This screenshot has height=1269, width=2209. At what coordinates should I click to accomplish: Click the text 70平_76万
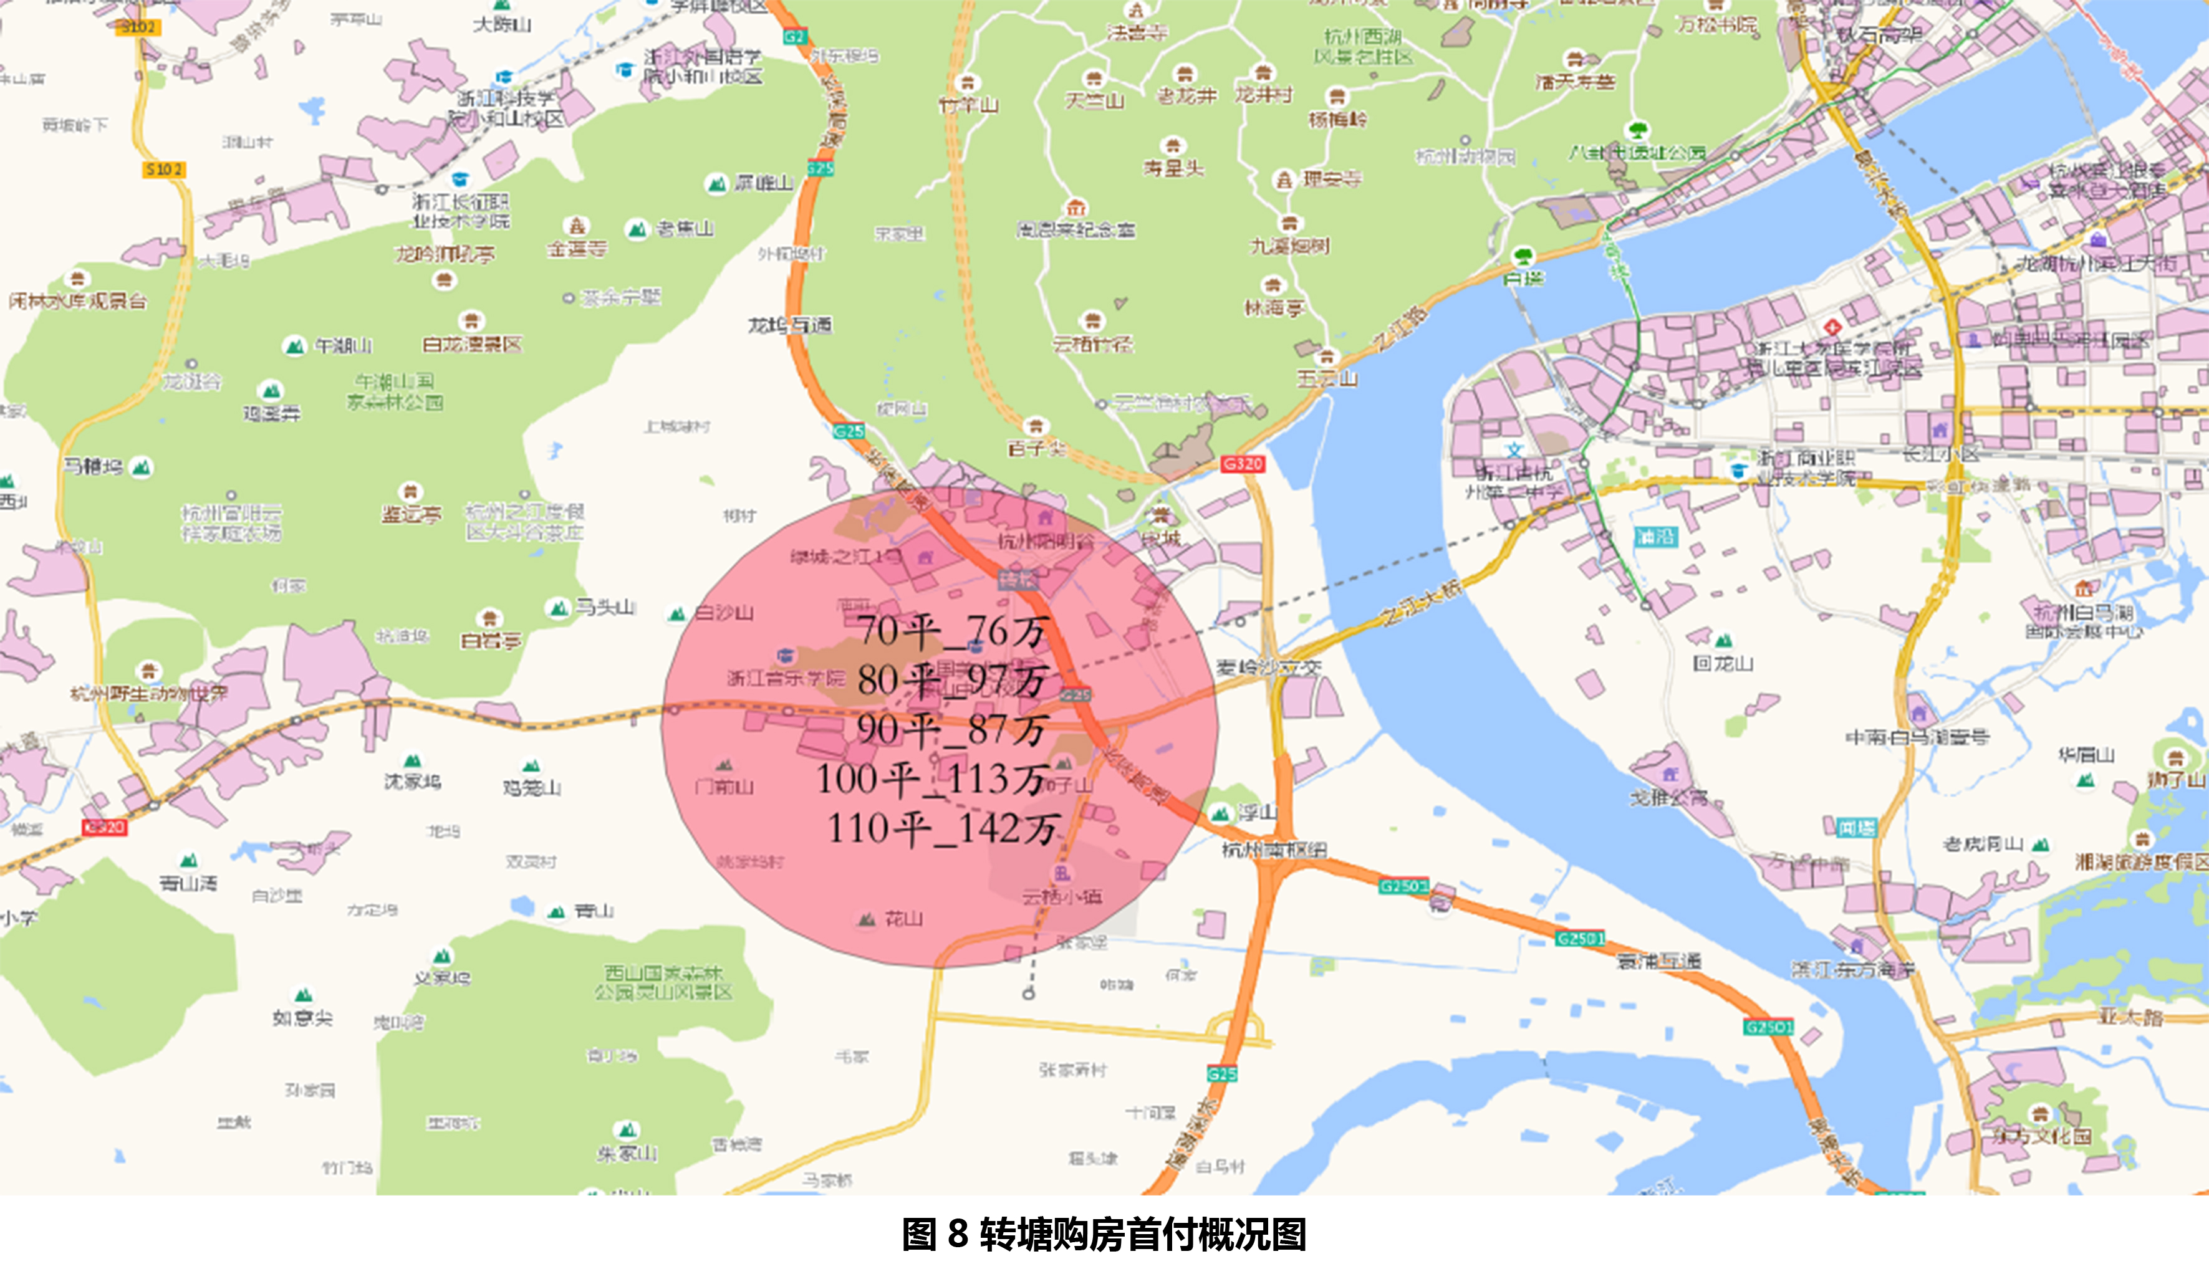pyautogui.click(x=951, y=631)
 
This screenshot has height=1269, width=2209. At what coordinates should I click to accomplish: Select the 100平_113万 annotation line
pyautogui.click(x=932, y=779)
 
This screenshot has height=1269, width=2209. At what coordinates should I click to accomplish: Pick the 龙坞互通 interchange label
pyautogui.click(x=790, y=326)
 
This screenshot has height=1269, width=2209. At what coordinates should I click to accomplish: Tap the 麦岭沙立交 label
pyautogui.click(x=1268, y=668)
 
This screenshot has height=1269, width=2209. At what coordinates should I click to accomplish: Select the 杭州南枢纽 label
pyautogui.click(x=1274, y=850)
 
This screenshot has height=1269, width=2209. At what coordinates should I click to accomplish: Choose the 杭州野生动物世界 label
pyautogui.click(x=148, y=694)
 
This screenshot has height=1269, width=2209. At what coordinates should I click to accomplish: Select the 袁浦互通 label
pyautogui.click(x=1659, y=961)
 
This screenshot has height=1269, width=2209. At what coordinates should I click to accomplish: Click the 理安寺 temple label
pyautogui.click(x=1331, y=180)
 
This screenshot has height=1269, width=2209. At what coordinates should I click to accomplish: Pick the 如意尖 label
pyautogui.click(x=302, y=1018)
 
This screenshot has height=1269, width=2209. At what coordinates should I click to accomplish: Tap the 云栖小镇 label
pyautogui.click(x=1062, y=896)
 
